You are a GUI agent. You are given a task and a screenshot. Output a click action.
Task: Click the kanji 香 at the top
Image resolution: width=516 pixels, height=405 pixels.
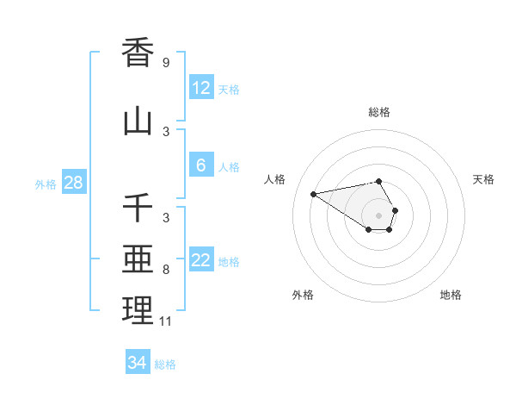click(x=138, y=53)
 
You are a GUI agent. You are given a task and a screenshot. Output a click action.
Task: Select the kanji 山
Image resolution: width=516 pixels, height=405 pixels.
click(x=138, y=121)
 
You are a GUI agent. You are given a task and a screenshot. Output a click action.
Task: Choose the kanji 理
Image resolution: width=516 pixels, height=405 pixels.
click(x=138, y=310)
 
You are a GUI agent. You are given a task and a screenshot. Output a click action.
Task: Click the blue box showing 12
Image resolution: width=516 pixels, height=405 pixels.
click(x=201, y=88)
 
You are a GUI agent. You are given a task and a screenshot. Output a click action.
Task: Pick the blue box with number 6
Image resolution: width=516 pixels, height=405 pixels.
click(x=201, y=165)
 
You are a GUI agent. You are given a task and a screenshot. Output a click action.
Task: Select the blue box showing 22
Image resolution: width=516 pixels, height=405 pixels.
click(x=201, y=261)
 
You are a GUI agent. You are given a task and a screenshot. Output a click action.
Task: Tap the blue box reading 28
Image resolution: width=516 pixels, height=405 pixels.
click(x=73, y=183)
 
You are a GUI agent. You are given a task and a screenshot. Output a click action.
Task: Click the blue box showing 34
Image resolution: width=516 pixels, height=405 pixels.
click(x=138, y=363)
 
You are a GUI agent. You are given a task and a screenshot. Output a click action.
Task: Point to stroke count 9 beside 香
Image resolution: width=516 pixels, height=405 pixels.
click(x=166, y=63)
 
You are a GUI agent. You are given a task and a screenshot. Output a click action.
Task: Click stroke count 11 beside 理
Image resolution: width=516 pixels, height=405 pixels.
click(x=166, y=321)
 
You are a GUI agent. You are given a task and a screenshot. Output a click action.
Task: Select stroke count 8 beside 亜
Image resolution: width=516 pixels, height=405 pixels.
click(x=166, y=270)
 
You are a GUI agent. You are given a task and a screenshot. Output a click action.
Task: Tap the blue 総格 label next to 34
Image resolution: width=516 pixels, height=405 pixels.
click(x=165, y=364)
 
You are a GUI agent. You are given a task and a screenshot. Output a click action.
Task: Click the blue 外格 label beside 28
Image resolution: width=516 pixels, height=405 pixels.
click(x=46, y=184)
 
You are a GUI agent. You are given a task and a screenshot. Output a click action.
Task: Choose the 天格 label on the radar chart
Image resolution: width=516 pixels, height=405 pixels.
click(x=483, y=179)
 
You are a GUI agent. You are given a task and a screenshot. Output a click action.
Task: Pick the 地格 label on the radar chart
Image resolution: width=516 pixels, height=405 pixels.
click(x=451, y=295)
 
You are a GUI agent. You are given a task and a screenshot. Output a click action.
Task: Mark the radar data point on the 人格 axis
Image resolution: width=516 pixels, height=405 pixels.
click(x=314, y=193)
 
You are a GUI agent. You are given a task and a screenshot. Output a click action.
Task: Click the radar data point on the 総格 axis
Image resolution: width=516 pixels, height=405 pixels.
click(x=379, y=182)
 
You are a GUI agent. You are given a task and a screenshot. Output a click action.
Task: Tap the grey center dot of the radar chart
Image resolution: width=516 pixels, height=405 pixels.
click(x=379, y=215)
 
